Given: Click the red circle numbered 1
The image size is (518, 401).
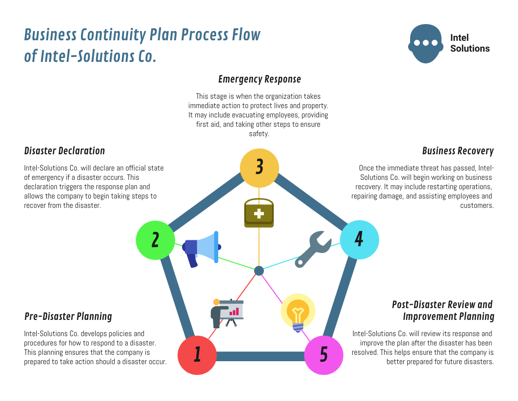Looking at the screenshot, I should [x=197, y=355].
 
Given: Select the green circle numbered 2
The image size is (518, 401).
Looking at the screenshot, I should [x=155, y=240].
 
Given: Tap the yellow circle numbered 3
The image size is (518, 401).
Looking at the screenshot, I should [x=259, y=168].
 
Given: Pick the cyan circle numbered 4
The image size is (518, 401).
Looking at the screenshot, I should [x=359, y=240].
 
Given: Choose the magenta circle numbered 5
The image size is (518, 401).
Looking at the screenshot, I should [x=324, y=355].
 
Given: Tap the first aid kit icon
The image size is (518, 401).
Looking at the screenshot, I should [x=259, y=213].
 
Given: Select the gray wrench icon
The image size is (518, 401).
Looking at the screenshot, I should [x=313, y=250].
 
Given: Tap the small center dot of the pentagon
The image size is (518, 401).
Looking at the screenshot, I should [x=259, y=271].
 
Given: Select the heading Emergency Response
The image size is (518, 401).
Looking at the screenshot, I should [x=259, y=79].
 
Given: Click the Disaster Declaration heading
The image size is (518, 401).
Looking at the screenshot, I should [x=64, y=151].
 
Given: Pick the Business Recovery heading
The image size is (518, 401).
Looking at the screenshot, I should [x=458, y=151].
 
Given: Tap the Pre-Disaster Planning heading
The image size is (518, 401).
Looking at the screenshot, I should [x=68, y=316].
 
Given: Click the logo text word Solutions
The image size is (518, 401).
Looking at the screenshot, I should [x=470, y=49].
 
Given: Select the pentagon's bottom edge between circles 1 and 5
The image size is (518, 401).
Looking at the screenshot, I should [x=260, y=356].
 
